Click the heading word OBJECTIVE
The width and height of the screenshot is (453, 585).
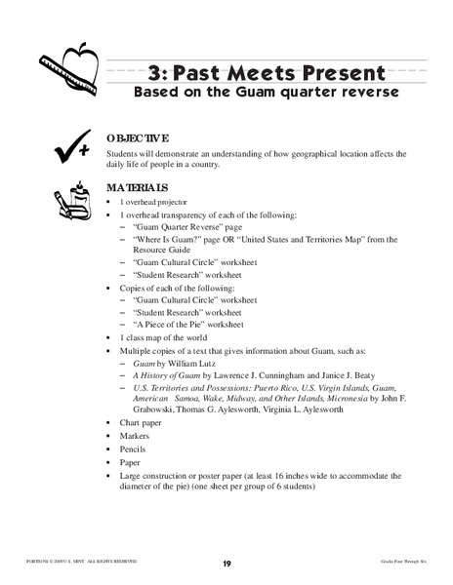click(x=138, y=138)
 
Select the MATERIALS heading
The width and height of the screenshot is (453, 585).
click(x=138, y=187)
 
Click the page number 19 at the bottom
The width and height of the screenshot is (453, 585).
click(x=226, y=564)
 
